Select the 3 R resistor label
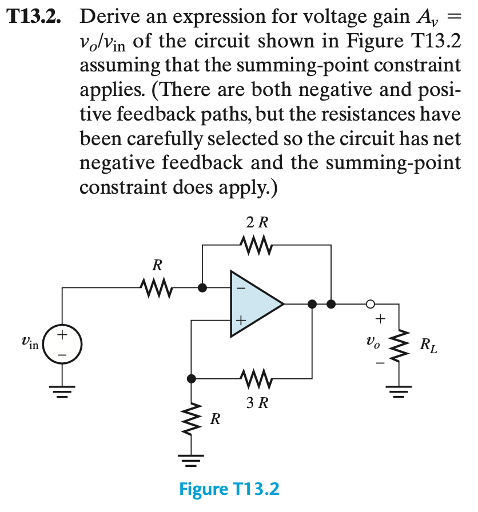coord(257,403)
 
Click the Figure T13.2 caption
coord(229,490)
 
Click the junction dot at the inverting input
coord(202,288)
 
